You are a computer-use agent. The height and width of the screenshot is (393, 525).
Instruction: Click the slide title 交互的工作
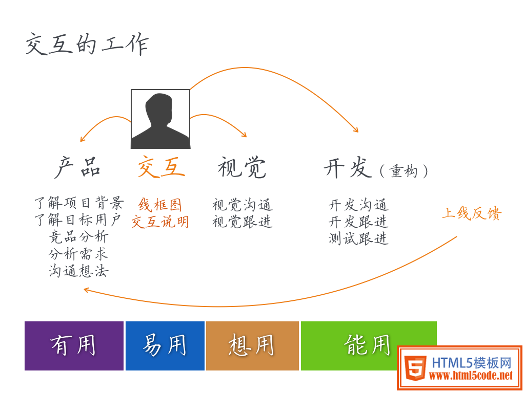click(87, 44)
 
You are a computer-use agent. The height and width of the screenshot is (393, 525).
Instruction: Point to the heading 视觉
click(242, 167)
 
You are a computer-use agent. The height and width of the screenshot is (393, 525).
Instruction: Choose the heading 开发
click(348, 167)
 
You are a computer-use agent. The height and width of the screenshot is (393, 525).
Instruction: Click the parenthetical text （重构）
click(404, 171)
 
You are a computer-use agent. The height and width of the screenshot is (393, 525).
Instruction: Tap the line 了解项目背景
click(79, 203)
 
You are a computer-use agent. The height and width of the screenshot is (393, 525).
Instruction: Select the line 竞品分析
click(78, 237)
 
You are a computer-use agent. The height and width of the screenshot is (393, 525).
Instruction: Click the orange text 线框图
click(160, 205)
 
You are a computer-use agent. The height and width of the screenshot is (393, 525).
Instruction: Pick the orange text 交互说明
click(160, 222)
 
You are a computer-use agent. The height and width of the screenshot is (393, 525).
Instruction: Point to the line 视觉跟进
click(243, 222)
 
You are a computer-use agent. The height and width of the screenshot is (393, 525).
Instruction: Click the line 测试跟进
click(358, 238)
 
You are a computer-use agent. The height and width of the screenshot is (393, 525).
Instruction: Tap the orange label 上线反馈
click(472, 213)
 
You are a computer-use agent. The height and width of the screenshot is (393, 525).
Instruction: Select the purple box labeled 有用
click(74, 346)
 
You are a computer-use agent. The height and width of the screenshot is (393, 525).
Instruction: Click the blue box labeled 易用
click(165, 346)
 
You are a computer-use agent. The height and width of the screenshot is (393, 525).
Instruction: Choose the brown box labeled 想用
click(252, 346)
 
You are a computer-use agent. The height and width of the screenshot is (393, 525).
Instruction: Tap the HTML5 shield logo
click(415, 368)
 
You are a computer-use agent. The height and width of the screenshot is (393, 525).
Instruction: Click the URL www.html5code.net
click(471, 376)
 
